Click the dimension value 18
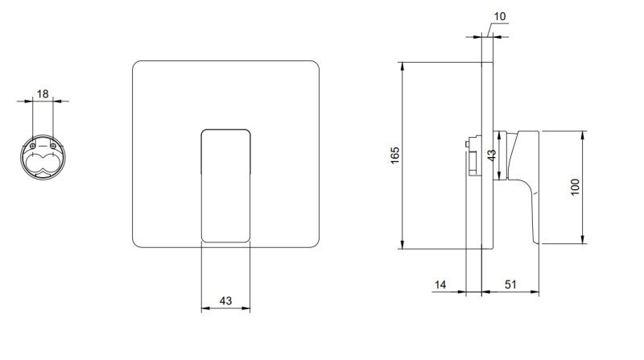[43, 94]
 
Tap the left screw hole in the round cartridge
[32, 147]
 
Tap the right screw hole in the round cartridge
[53, 147]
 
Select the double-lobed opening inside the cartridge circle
[43, 164]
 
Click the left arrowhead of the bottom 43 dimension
[204, 308]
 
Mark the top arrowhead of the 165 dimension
[402, 65]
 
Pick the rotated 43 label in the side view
[492, 154]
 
